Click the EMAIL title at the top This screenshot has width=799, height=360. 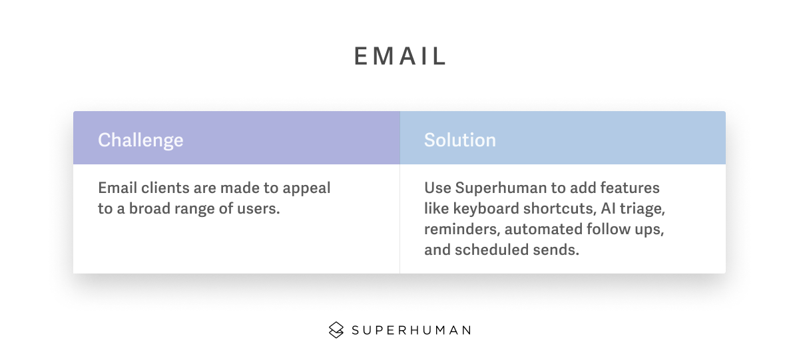point(400,56)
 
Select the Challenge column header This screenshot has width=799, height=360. point(140,140)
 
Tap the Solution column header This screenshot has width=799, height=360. point(460,140)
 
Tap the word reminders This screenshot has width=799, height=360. point(462,230)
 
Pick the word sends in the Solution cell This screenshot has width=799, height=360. point(556,250)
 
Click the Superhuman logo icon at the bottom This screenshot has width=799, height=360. point(336,330)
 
